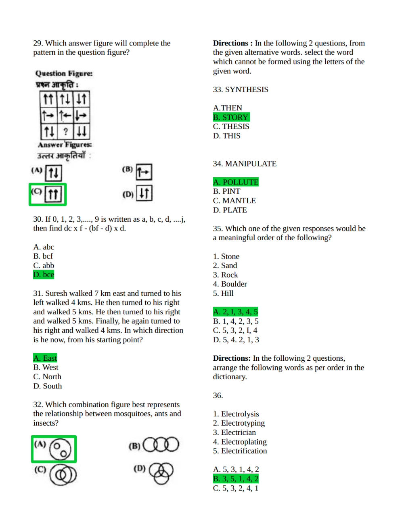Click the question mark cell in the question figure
pos(65,131)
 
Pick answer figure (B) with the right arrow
pos(144,172)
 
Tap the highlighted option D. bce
pos(44,275)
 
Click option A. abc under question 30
pos(44,247)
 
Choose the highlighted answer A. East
pos(45,358)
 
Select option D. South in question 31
pos(47,386)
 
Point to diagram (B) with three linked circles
pos(161,445)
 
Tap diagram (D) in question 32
pos(161,472)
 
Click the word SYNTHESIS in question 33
pos(246,89)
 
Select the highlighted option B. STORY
pos(231,117)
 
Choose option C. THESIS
pos(231,127)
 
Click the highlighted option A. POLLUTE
pos(236,182)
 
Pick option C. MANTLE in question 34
pos(234,201)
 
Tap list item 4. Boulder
pos(230,284)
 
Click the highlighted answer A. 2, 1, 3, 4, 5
pos(235,312)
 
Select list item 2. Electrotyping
pos(239,423)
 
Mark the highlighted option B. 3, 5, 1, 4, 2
pos(236,479)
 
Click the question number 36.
pos(218,395)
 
